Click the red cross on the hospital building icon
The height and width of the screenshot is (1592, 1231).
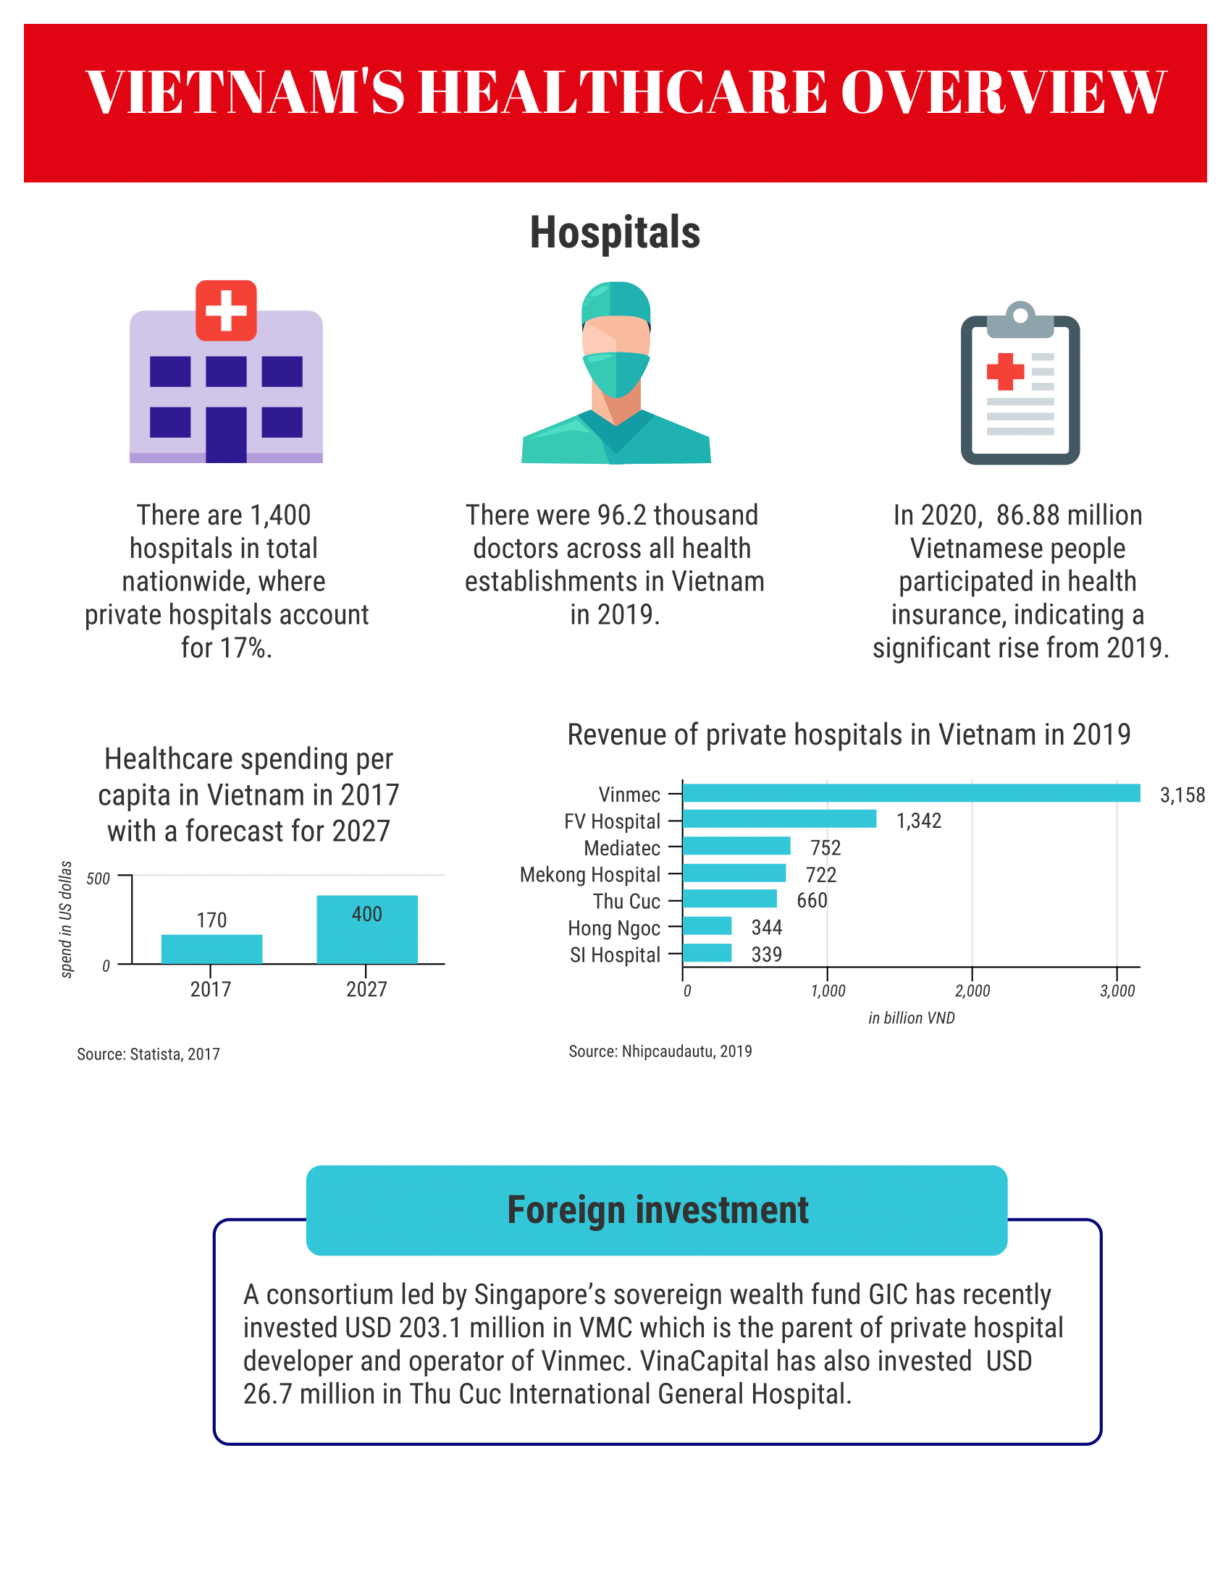coord(226,310)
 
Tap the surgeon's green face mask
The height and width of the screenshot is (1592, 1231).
coord(616,373)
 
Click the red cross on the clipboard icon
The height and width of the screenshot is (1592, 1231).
coord(1005,371)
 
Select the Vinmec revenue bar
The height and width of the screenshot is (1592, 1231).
coord(911,793)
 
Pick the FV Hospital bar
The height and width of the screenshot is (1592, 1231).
coord(779,819)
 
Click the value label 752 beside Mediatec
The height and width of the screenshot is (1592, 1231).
coord(825,848)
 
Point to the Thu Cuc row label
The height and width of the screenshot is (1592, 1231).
coord(626,902)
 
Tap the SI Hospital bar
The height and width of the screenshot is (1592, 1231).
coord(707,953)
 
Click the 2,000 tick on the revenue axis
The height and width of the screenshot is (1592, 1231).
coord(972,991)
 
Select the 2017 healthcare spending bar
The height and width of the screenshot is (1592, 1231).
coord(211,949)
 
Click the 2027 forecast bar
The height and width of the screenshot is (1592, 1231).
coord(367,929)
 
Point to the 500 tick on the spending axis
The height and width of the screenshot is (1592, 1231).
coord(98,878)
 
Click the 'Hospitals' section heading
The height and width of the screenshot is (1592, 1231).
coord(615,233)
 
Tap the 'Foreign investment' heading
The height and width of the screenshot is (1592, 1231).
coord(657,1211)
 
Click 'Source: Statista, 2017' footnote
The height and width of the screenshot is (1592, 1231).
coord(148,1054)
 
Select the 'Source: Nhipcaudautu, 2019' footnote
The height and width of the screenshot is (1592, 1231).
coord(660,1051)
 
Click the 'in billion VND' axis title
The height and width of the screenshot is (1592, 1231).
coord(911,1018)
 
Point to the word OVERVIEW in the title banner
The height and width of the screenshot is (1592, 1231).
coord(1004,93)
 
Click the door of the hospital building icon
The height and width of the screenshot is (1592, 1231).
coord(226,434)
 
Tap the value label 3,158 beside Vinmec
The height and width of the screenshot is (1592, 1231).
coord(1182,795)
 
